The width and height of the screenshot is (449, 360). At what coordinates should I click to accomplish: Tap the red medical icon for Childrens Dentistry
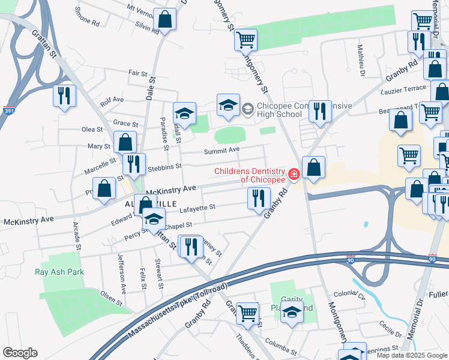coord(294,175)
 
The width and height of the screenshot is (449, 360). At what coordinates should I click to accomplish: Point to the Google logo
coord(20,353)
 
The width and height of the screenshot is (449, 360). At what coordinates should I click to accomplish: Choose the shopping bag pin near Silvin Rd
coord(164,19)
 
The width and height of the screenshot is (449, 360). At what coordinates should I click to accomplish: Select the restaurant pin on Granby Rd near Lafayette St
coord(259,197)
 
